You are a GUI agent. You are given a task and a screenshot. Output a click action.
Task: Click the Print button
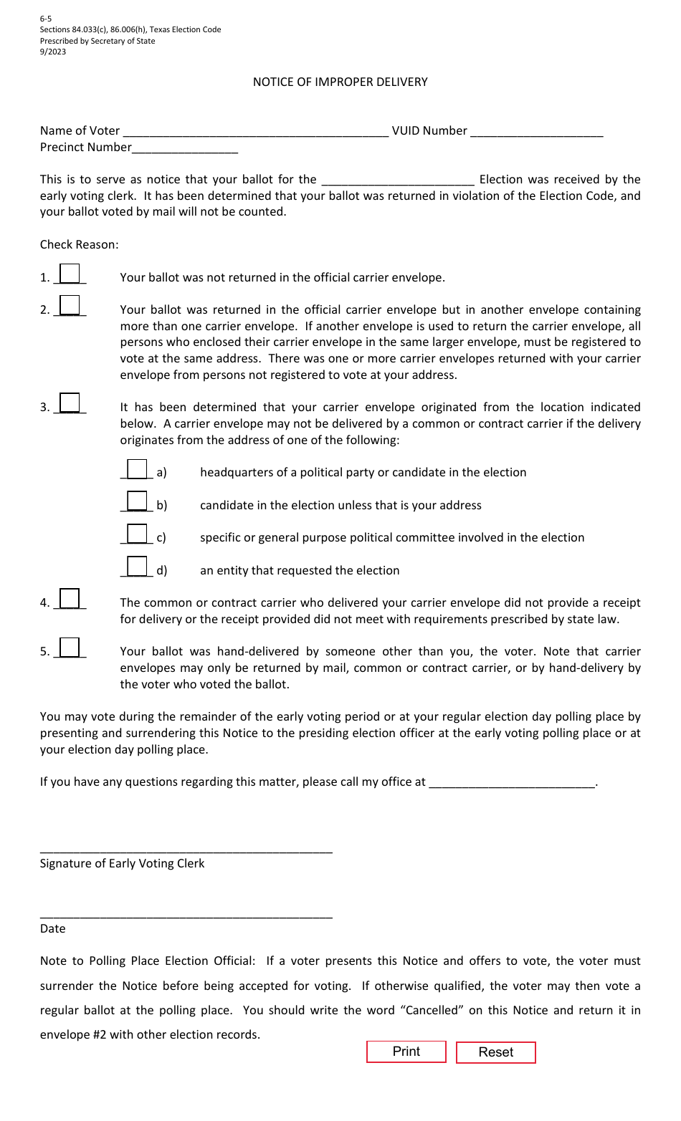(x=406, y=1052)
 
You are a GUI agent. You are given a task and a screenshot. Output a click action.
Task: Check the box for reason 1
(x=70, y=274)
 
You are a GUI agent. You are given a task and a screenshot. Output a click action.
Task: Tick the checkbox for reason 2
(x=70, y=306)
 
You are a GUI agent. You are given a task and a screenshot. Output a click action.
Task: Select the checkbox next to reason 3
(x=70, y=403)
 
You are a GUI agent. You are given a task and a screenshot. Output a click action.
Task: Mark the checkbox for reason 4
(x=70, y=599)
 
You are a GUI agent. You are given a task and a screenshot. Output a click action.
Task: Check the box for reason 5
(x=70, y=648)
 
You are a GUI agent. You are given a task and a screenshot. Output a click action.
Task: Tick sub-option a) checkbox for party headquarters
(x=137, y=469)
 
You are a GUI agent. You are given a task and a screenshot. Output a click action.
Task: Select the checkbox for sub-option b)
(x=137, y=501)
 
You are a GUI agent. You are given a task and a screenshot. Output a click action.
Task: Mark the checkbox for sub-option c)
(x=137, y=534)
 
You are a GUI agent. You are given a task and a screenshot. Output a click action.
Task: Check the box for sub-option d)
(x=137, y=567)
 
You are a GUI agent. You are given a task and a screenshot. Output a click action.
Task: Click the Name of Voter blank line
(x=255, y=130)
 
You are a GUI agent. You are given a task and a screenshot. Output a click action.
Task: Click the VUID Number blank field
(x=537, y=130)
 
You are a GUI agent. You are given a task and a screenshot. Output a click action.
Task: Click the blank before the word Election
(x=398, y=179)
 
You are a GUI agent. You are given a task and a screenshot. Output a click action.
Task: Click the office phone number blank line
(x=512, y=781)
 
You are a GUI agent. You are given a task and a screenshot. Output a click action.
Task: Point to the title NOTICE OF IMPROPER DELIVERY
(x=340, y=82)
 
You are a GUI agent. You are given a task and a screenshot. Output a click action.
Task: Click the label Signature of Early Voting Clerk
(x=123, y=863)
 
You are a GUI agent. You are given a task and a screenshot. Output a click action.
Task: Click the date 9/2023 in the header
(x=53, y=52)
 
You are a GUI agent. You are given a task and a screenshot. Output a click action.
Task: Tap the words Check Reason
(x=80, y=244)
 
